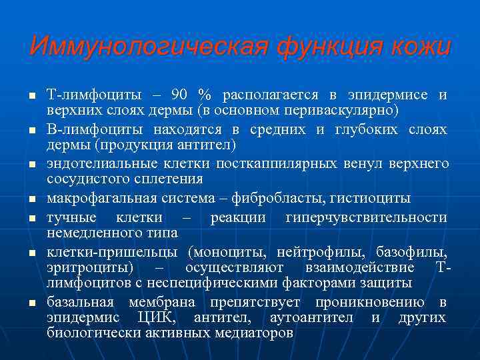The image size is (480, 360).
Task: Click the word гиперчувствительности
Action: [x=366, y=217]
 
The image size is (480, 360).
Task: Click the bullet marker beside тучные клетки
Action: [x=31, y=219]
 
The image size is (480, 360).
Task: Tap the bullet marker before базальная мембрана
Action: [x=31, y=303]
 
